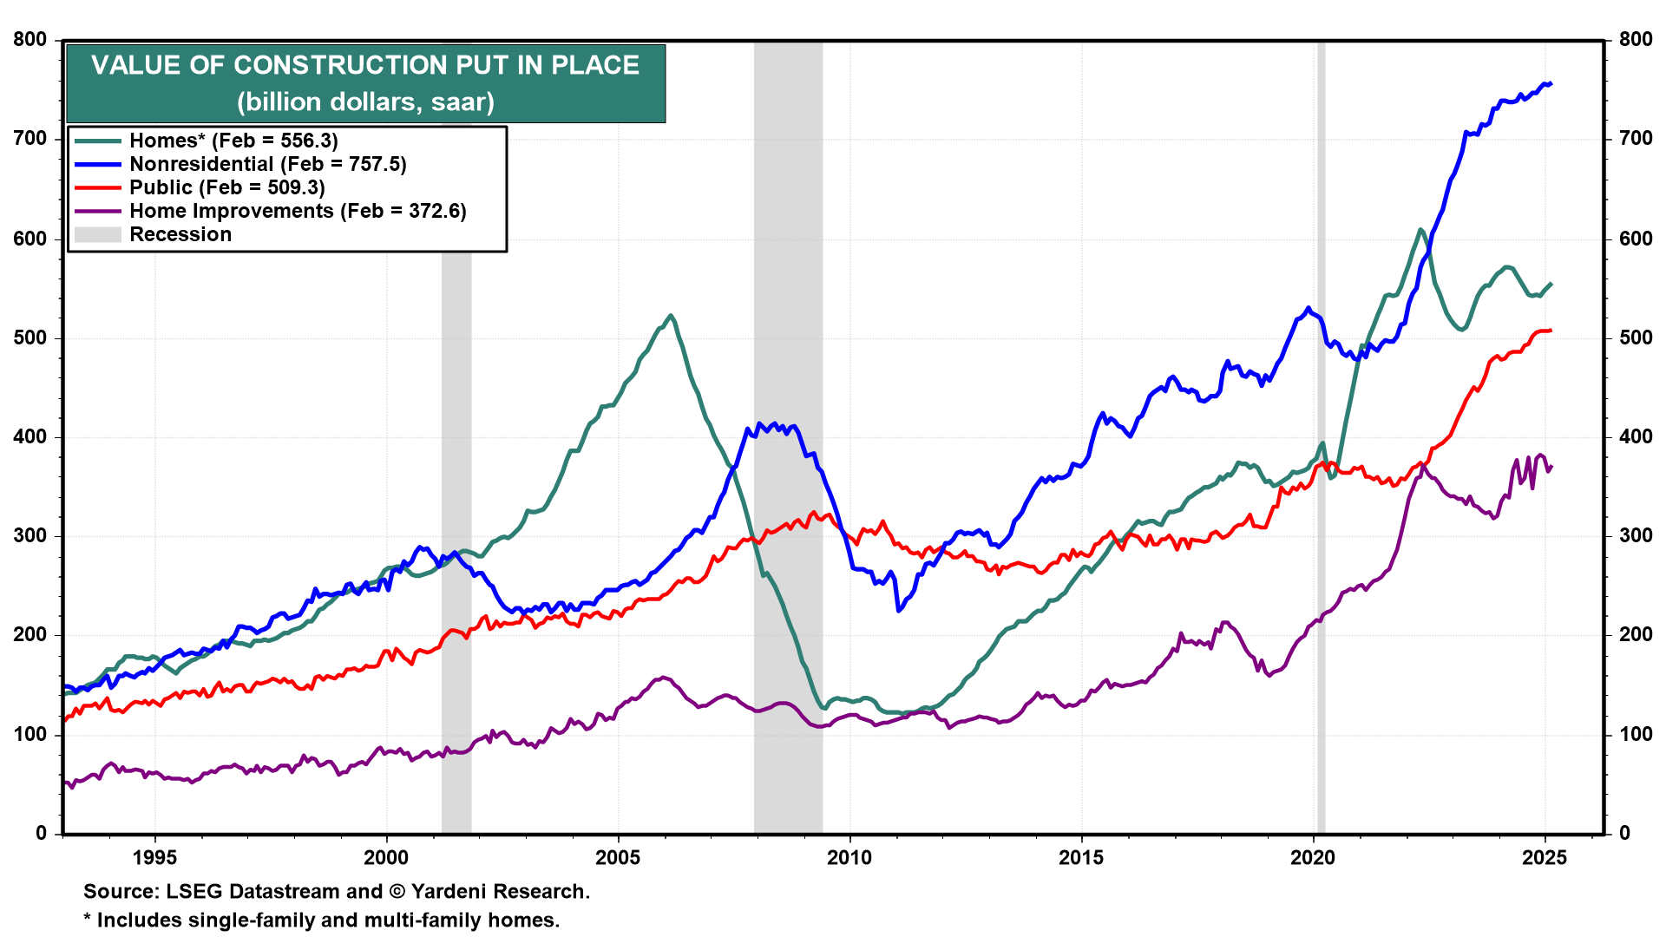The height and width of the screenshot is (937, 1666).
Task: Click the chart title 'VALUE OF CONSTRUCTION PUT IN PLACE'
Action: tap(365, 65)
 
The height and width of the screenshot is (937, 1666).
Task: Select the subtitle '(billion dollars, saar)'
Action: tap(365, 102)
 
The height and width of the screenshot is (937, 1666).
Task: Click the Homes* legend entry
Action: tap(233, 141)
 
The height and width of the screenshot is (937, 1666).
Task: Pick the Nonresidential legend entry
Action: tap(267, 164)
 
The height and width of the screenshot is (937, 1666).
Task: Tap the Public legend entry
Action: tap(226, 187)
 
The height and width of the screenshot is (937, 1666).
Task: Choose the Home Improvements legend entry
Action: tap(298, 211)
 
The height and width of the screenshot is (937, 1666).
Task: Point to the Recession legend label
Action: tap(180, 234)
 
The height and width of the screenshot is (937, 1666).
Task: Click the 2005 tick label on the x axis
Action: tap(617, 858)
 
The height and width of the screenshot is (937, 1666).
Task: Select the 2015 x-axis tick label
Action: tap(1081, 858)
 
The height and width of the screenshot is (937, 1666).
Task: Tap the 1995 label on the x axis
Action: tap(154, 858)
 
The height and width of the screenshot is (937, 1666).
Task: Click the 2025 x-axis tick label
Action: tap(1545, 858)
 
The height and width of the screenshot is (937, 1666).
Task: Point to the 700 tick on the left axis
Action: tap(30, 139)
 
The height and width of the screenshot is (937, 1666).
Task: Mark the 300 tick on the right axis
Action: tap(1636, 536)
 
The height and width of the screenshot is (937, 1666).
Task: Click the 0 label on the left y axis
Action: tap(42, 834)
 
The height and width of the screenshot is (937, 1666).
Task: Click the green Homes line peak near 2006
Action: tap(671, 316)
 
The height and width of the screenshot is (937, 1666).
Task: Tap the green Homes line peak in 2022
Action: tap(1420, 230)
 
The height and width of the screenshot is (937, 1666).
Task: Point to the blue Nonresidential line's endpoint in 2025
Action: tap(1550, 84)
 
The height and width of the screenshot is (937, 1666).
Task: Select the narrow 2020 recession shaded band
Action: tap(1321, 434)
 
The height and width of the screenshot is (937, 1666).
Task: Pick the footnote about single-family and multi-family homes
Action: tap(322, 921)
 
